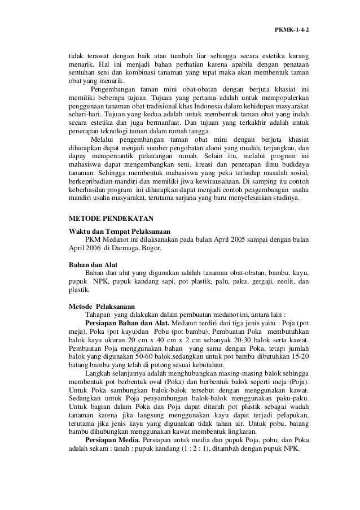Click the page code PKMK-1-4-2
click(292, 29)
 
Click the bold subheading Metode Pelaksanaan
click(101, 307)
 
